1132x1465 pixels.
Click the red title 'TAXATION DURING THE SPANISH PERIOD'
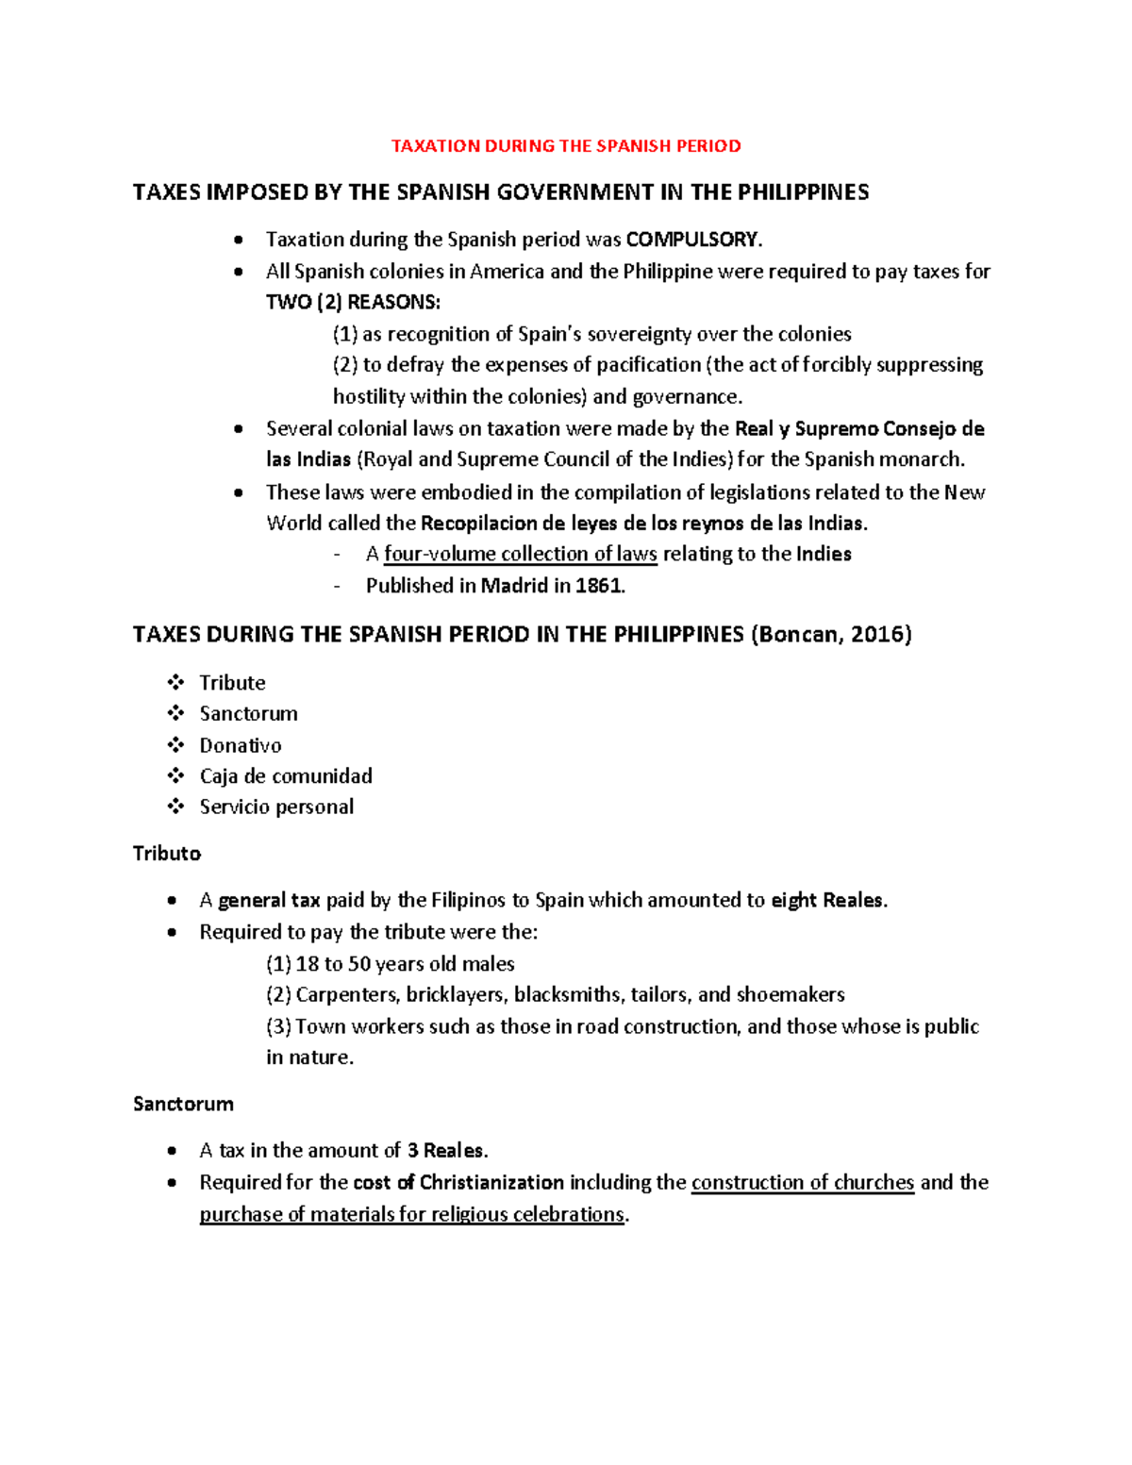point(566,146)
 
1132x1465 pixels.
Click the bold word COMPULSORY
point(691,240)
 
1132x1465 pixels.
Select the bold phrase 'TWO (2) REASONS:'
point(353,303)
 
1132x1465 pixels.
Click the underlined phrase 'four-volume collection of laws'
point(520,554)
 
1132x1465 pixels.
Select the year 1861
point(599,586)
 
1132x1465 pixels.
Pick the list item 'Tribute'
point(232,683)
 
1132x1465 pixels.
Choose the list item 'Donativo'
point(240,745)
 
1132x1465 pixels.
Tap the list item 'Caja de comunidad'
point(286,776)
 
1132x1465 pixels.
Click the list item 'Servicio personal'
point(276,807)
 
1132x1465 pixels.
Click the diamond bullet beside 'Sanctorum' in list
point(175,713)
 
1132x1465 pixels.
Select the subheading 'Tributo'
point(167,854)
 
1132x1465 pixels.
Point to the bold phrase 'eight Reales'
point(827,901)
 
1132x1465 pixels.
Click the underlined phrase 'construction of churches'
point(803,1183)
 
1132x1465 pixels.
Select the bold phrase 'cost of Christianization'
point(458,1183)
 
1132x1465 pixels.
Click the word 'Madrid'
point(514,586)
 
